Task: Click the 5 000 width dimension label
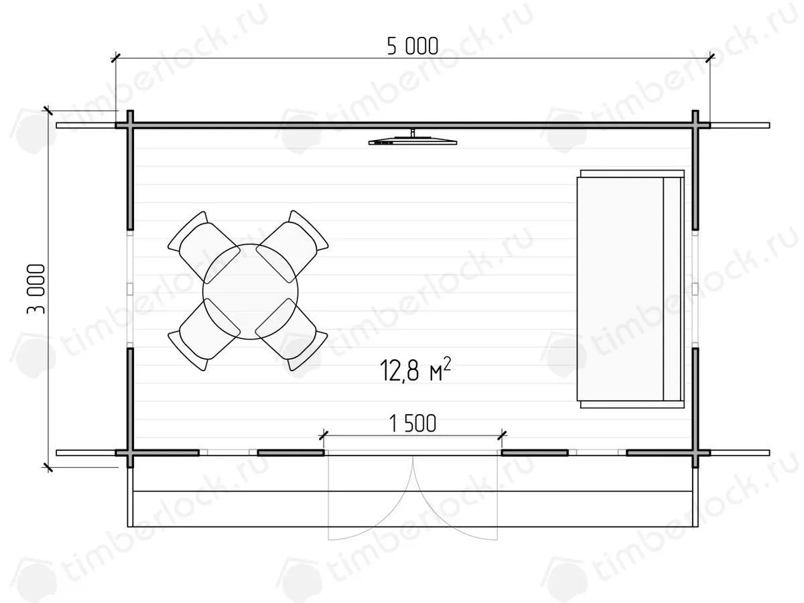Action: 413,46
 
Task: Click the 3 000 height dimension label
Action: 36,289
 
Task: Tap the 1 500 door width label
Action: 413,423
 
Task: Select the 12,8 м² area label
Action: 415,370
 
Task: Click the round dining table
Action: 251,291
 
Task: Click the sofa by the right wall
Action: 630,289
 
